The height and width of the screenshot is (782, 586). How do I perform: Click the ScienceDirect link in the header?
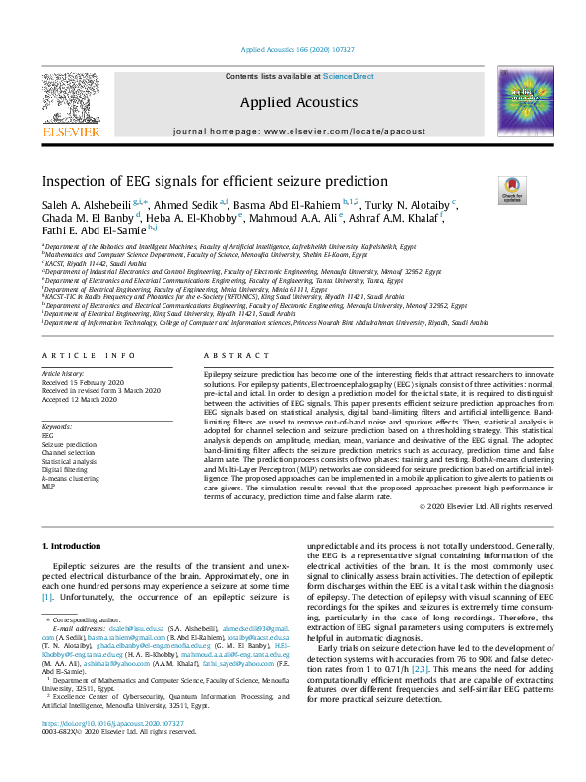(350, 76)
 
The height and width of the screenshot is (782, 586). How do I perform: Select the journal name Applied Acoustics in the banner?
(298, 102)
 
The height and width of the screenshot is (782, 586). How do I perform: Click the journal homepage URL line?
(298, 131)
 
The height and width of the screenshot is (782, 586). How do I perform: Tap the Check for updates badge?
(512, 188)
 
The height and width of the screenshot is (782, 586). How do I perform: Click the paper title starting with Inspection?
(215, 181)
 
